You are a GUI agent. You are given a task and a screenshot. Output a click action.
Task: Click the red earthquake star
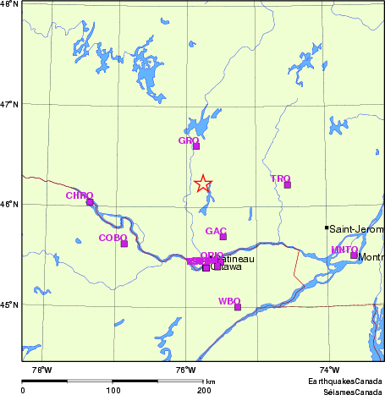coord(203,184)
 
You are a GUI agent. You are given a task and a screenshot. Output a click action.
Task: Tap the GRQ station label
coord(188,140)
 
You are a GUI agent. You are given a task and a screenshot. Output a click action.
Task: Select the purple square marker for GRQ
coord(196,146)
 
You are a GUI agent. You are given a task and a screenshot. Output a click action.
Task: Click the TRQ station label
coord(280,178)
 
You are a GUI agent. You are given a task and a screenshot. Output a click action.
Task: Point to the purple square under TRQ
coord(288,184)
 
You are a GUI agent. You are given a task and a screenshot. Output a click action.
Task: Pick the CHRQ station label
coord(79,195)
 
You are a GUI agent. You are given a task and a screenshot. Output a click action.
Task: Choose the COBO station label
coord(113,238)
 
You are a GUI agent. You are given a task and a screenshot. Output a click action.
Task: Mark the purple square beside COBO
coord(124,244)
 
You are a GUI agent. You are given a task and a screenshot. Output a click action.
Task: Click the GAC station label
coord(216,231)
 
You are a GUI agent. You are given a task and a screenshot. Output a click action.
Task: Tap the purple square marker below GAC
coord(223,237)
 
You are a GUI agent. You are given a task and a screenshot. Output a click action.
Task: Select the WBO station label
coord(229,301)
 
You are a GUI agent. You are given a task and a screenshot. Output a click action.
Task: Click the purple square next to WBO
coord(238,307)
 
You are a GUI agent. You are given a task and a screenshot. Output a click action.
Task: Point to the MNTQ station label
coord(344,250)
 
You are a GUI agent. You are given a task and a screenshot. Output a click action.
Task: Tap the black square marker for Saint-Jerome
coord(327,228)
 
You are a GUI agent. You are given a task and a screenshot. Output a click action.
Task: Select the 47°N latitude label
coord(9,104)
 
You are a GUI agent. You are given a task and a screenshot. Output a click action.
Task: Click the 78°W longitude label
coord(41,370)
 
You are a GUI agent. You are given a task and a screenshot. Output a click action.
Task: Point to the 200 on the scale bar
coord(204,389)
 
